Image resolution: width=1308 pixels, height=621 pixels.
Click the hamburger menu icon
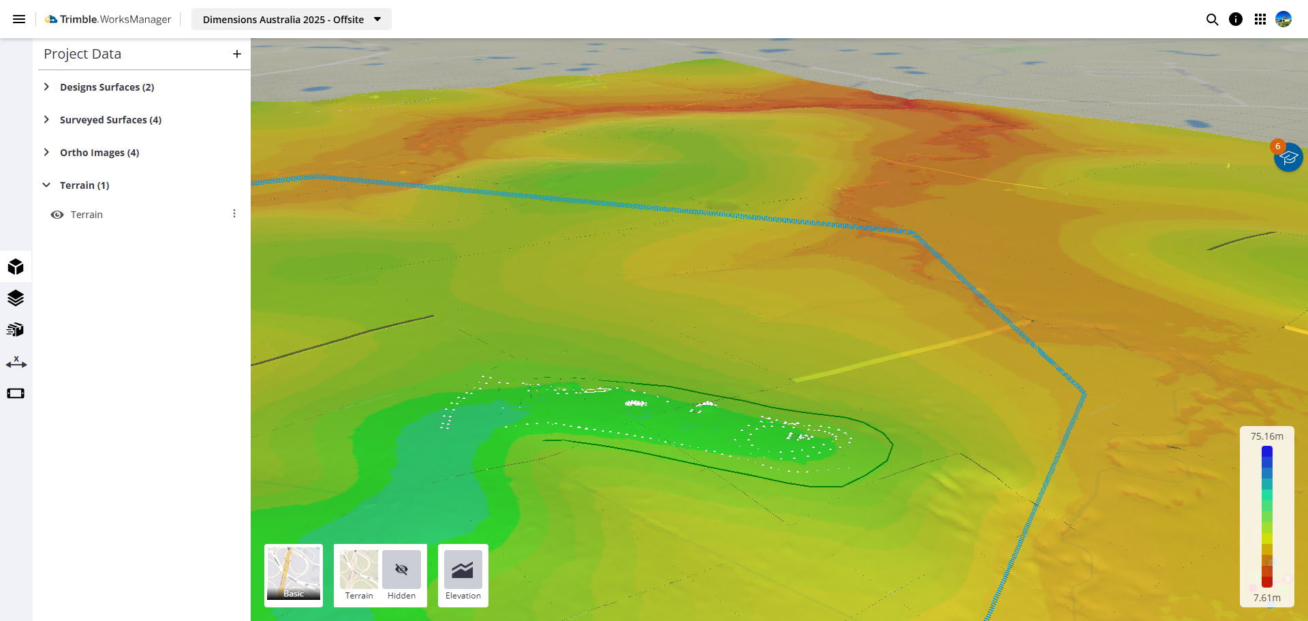coord(19,19)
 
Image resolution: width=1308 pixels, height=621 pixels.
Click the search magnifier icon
coord(1212,19)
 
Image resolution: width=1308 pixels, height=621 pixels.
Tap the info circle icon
coord(1236,19)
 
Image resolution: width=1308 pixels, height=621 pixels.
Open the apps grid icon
coord(1260,19)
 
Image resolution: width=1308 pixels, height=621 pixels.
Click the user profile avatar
coord(1283,19)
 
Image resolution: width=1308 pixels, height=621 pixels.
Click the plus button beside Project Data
coord(237,54)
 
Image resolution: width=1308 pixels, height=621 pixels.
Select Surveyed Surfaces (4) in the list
coord(110,120)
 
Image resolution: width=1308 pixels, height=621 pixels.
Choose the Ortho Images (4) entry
coord(99,153)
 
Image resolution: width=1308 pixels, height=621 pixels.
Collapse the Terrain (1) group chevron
coord(46,185)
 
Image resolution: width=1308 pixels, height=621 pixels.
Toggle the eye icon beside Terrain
coord(57,215)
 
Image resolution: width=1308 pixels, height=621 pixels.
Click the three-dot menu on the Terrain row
coord(234,214)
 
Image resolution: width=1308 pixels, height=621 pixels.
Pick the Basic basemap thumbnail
coord(294,573)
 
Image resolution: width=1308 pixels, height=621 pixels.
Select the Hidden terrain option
coord(401,575)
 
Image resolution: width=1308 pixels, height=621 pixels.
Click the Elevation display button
coord(463,575)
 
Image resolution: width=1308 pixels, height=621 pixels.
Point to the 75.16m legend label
coord(1266,436)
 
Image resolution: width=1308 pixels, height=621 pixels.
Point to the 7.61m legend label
coord(1266,598)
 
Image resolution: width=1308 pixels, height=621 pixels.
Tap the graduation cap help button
coord(1288,157)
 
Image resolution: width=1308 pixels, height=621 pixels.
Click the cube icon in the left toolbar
coord(16,267)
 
